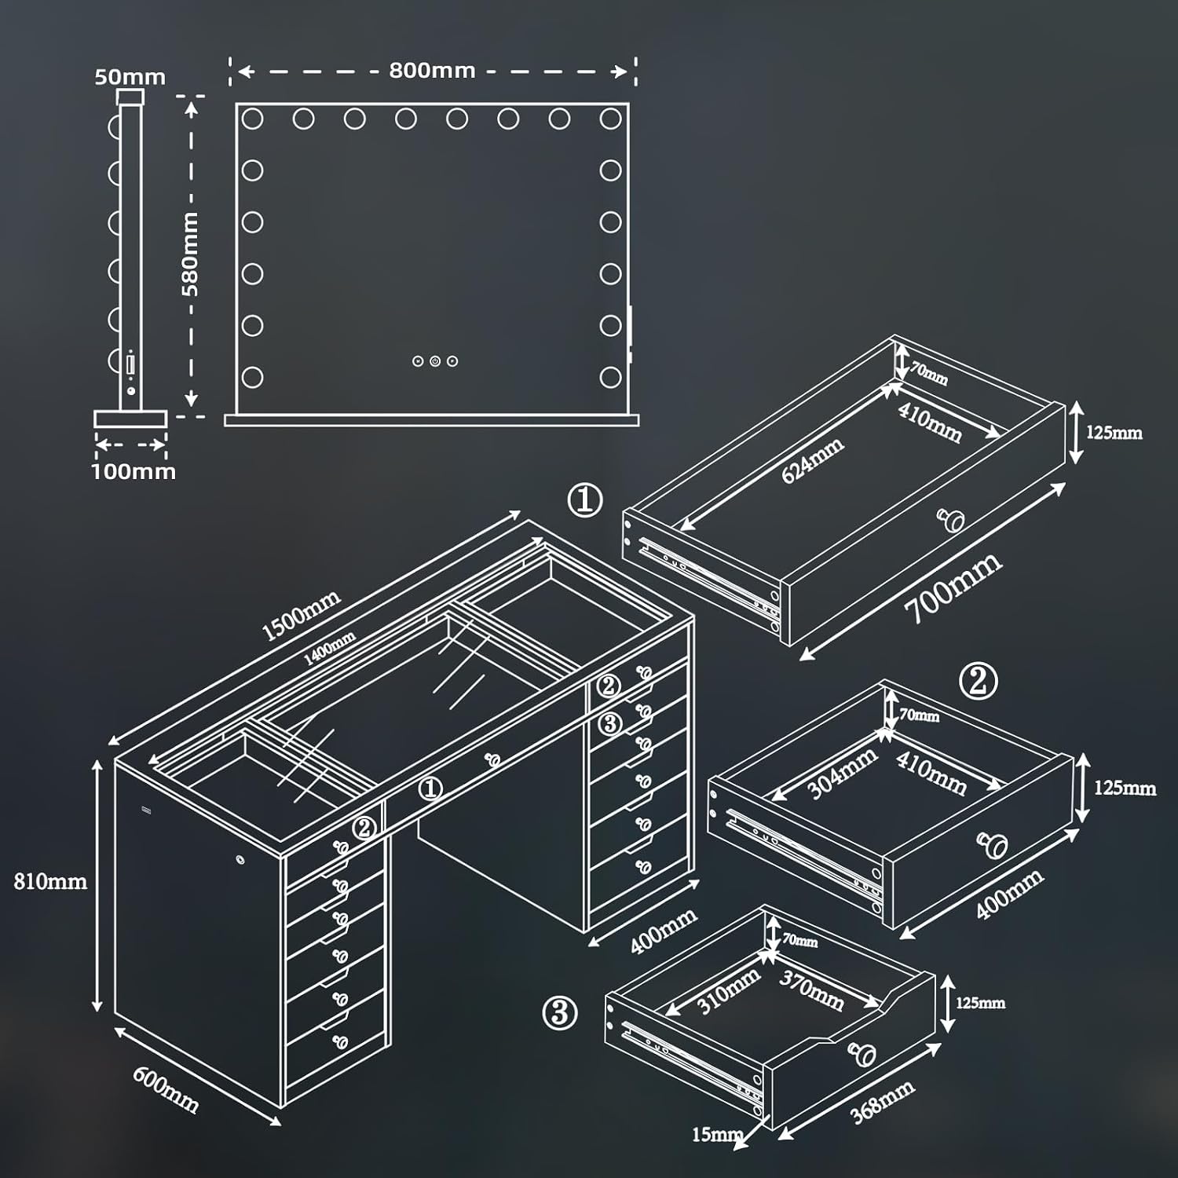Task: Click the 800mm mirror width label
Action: tap(432, 71)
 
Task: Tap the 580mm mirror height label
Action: tap(191, 254)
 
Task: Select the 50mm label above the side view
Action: tap(130, 77)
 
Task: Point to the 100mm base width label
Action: tap(134, 471)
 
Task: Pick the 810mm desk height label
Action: tap(50, 881)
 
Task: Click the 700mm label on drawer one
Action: tap(953, 587)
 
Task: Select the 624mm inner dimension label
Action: tap(812, 460)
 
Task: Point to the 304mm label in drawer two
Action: tap(843, 774)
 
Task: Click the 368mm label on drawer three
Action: tap(882, 1101)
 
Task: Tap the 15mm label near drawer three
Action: tap(717, 1134)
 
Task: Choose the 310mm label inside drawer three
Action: tap(728, 991)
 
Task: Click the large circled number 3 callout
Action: tap(560, 1013)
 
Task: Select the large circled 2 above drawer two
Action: tap(979, 682)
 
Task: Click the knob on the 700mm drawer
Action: tap(953, 519)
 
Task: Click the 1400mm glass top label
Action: tap(329, 649)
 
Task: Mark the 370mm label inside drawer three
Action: tap(811, 991)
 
